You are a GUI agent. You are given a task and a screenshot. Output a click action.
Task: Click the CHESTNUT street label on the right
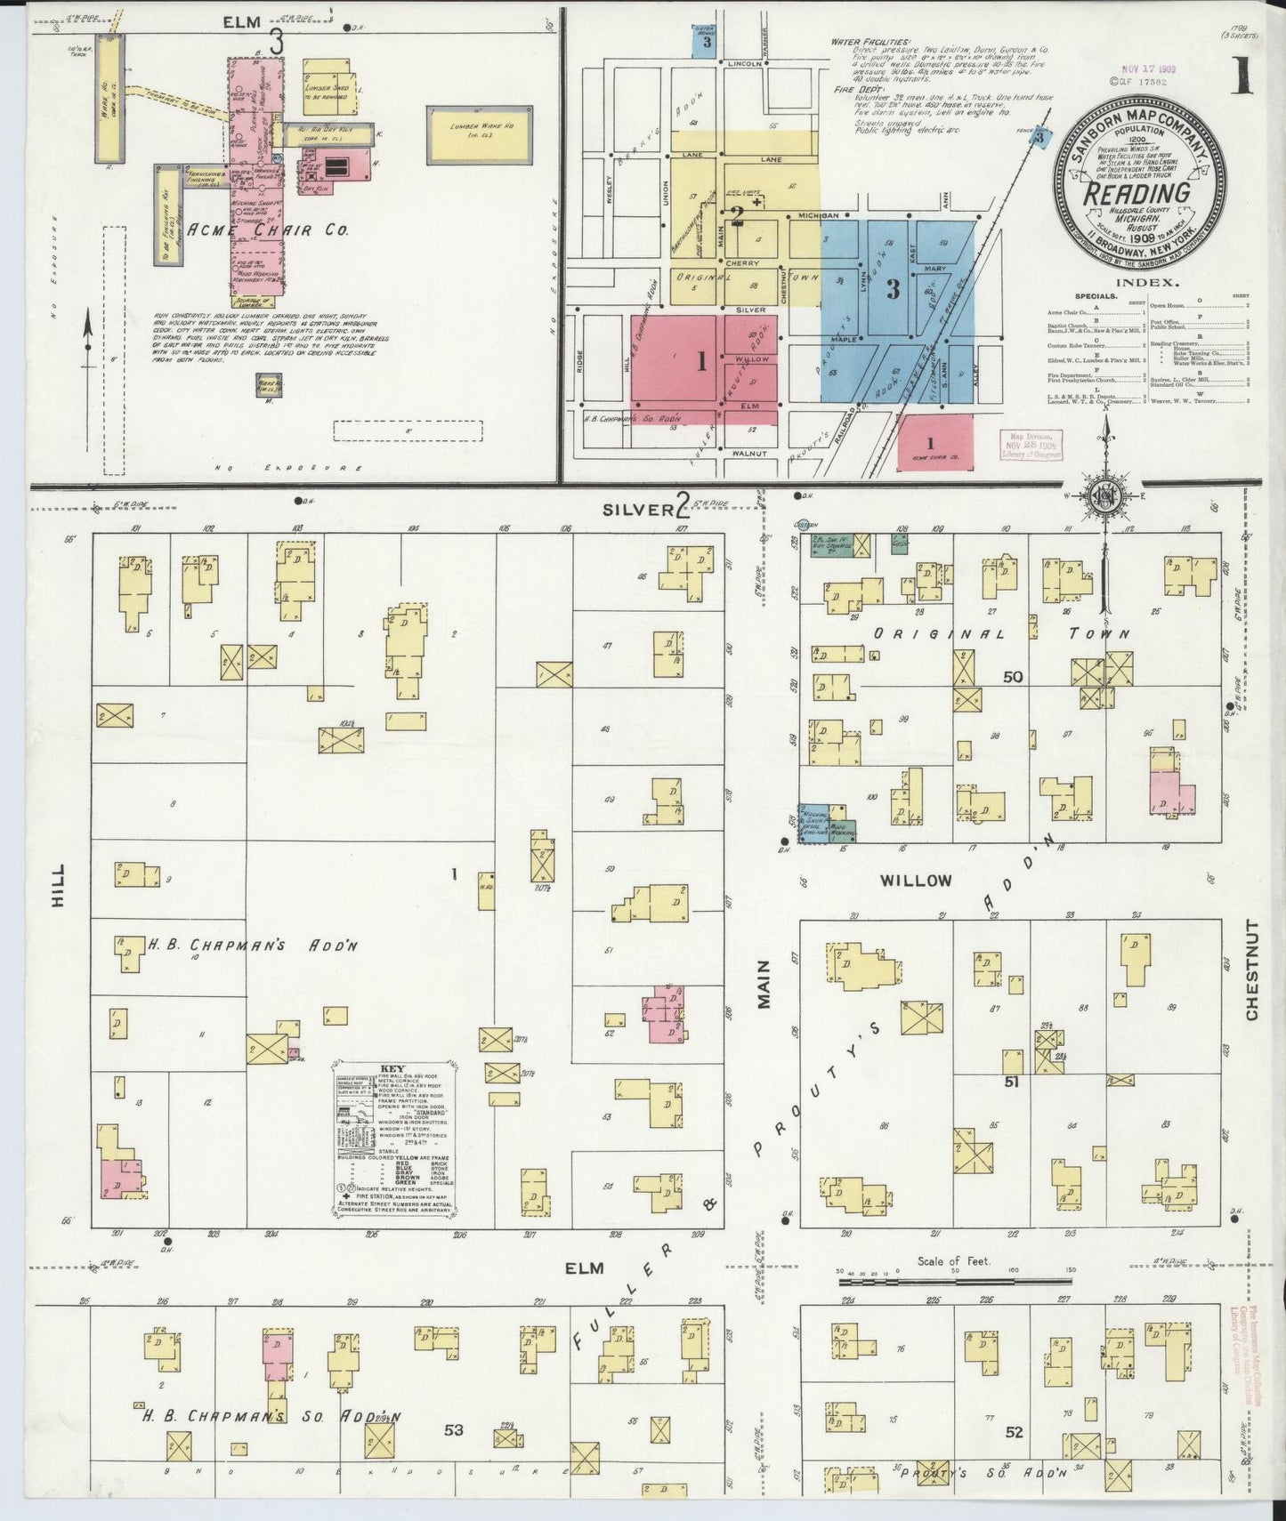(x=1252, y=971)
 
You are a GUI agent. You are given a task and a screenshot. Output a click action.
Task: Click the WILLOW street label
(x=915, y=880)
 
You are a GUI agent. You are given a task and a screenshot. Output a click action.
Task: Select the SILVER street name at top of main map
(x=634, y=509)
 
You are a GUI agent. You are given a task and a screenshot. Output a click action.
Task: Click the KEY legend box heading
(x=392, y=1068)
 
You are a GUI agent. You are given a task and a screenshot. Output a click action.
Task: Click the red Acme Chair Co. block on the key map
(x=934, y=442)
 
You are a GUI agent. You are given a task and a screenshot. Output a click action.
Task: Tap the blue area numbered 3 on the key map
(x=893, y=289)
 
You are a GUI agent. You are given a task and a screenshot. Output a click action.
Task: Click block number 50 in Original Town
(x=1012, y=677)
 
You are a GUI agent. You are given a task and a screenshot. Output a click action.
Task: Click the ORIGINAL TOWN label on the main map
(x=1000, y=634)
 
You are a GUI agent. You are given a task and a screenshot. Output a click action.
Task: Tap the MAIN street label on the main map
(x=763, y=989)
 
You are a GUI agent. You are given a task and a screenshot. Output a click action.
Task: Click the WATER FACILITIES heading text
(x=870, y=42)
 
